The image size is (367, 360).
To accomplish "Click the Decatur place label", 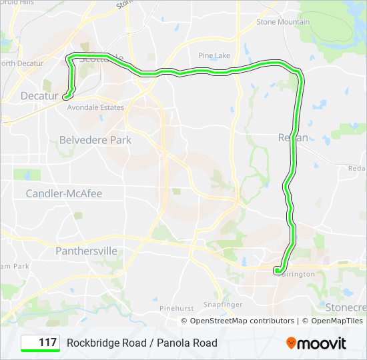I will (39, 96).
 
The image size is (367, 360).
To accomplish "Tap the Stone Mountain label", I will (283, 22).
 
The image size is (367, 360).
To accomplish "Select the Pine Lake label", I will (214, 55).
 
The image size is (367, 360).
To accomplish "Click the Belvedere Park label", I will (95, 140).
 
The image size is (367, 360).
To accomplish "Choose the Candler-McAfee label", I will (64, 193).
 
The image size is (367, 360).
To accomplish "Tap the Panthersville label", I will (87, 251).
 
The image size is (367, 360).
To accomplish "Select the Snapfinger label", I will (223, 304).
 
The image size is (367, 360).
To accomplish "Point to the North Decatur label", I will (17, 63).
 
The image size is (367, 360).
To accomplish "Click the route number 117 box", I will (41, 343).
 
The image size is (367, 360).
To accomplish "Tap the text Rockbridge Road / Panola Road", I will (141, 343).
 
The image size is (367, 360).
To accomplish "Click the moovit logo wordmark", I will (322, 343).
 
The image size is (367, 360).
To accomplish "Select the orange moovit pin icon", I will (292, 343).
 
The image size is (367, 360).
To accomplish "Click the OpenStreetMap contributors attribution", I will (242, 321).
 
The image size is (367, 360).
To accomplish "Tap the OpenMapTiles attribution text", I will (332, 321).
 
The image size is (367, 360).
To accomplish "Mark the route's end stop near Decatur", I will (65, 97).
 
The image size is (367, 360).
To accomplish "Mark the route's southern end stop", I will (276, 270).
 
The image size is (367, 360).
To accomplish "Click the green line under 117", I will (41, 351).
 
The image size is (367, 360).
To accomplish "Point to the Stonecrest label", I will (346, 307).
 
